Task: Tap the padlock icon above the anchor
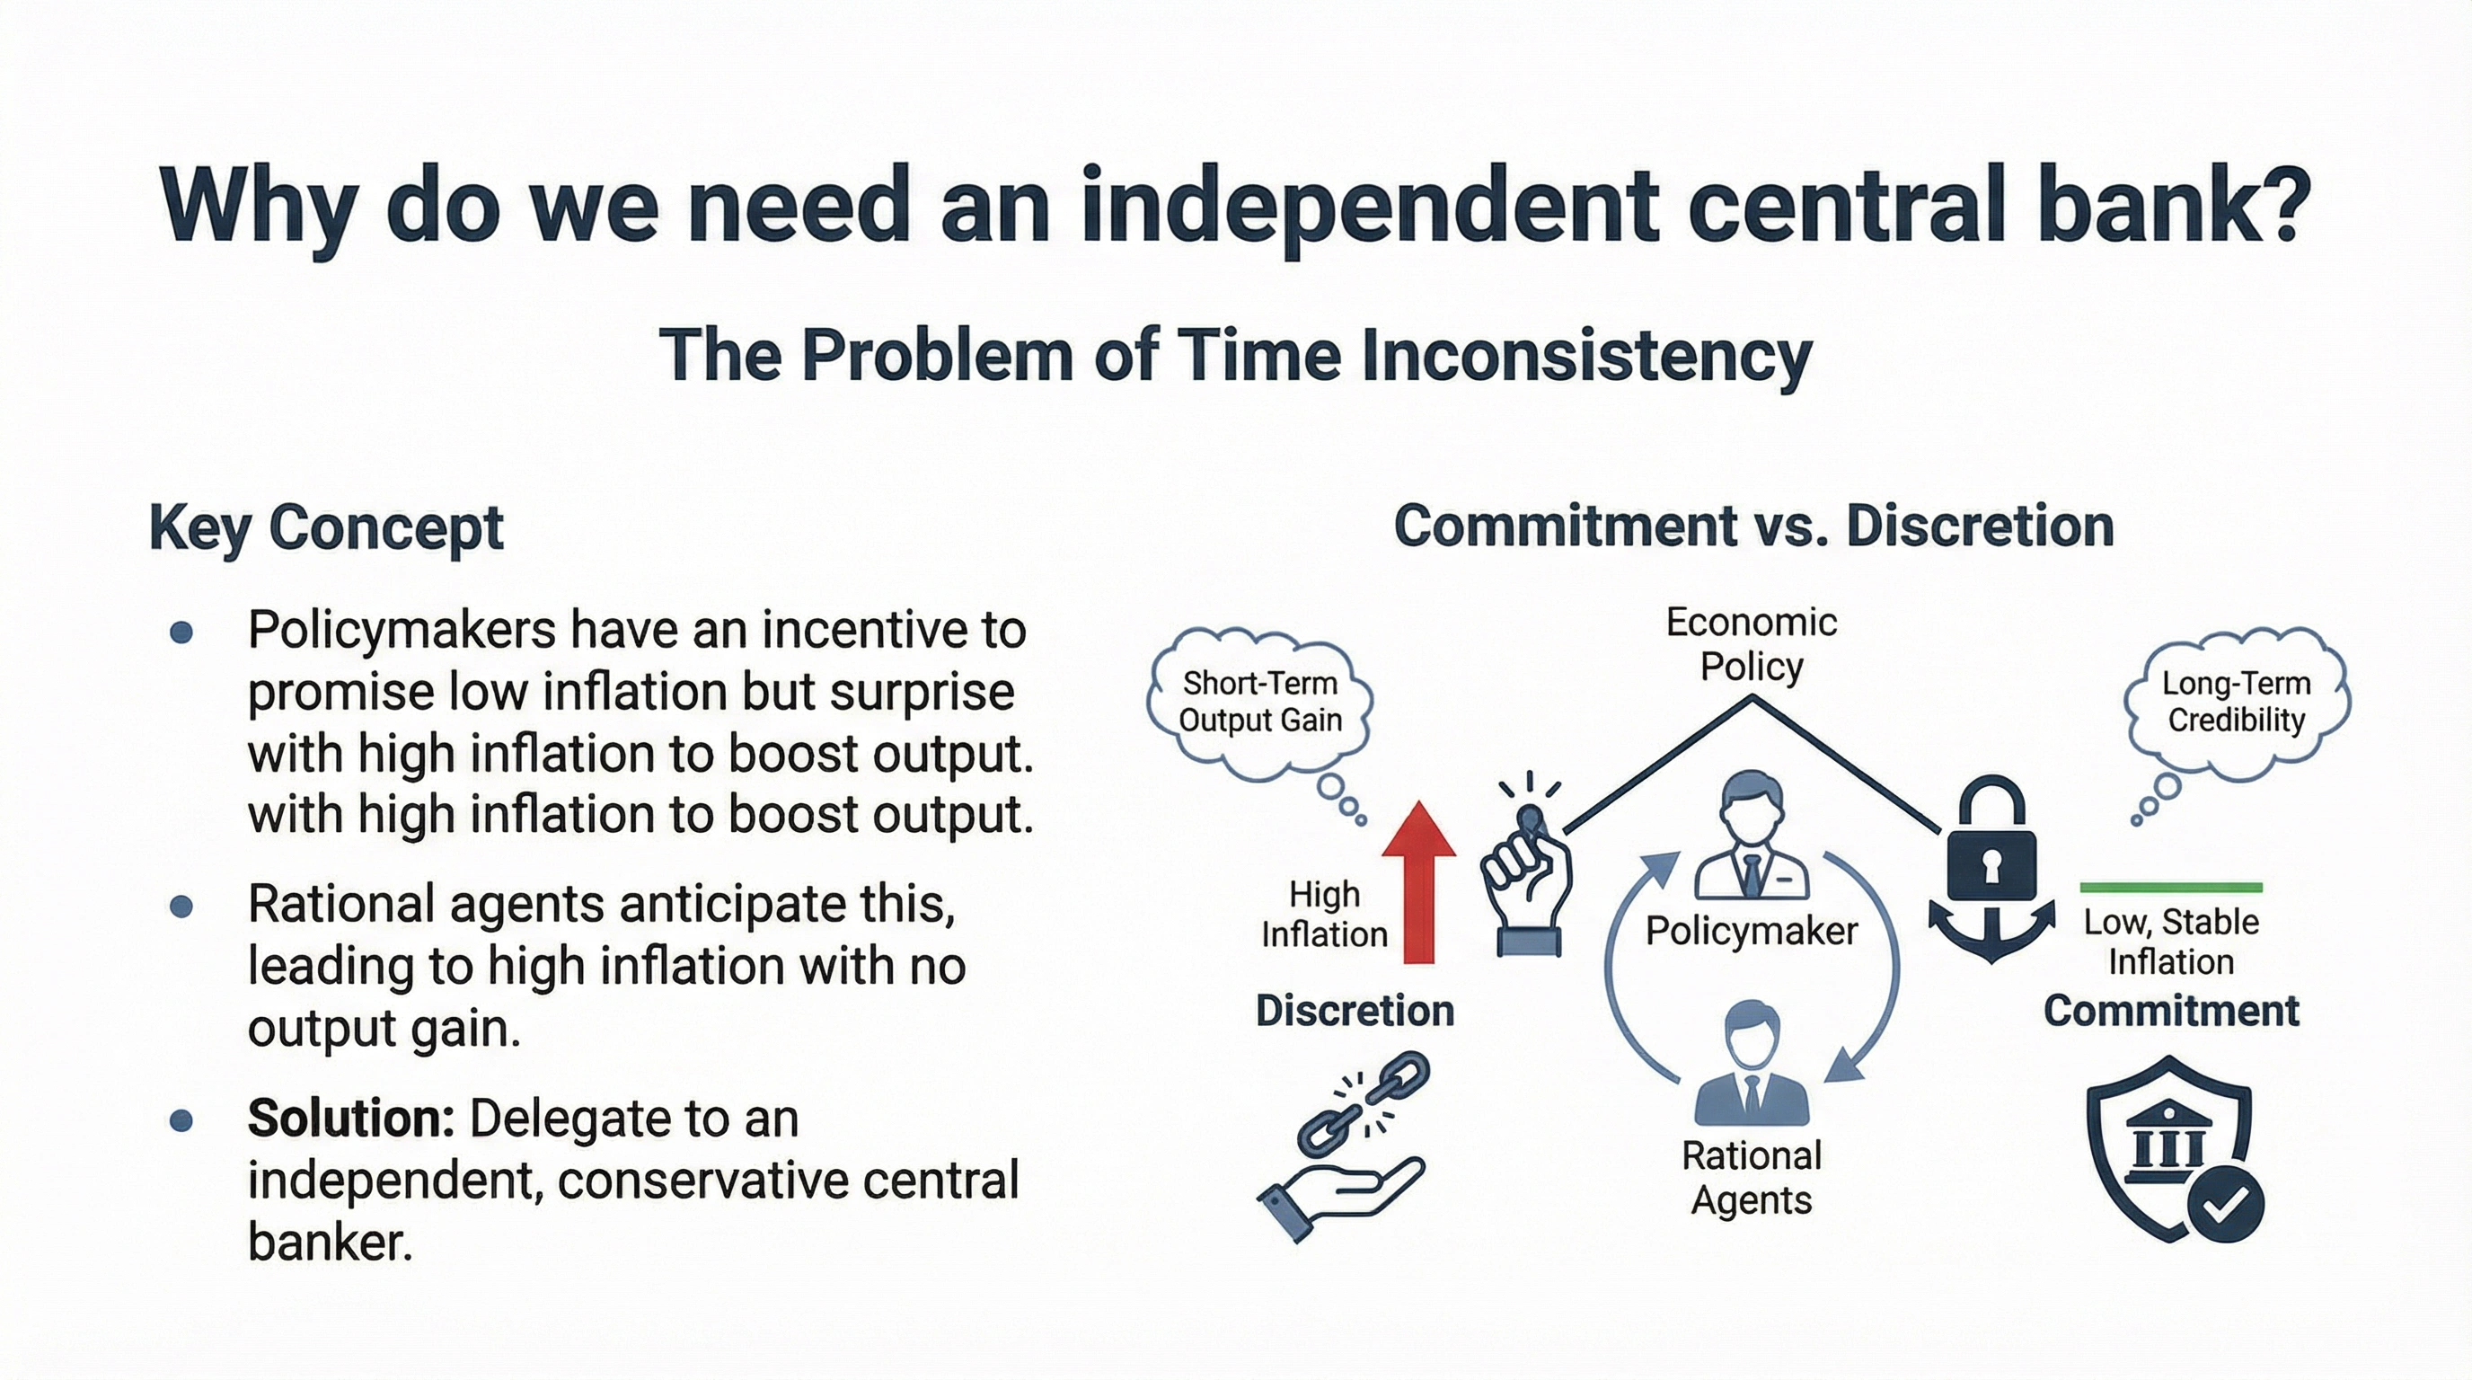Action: pos(1991,839)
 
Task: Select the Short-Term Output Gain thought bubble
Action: pos(1259,703)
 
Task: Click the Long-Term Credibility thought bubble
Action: pos(2236,702)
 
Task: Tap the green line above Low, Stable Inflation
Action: pos(2171,887)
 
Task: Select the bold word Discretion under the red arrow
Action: pos(1354,1011)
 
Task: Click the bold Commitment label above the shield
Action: pos(2171,1011)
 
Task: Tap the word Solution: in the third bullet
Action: pos(350,1118)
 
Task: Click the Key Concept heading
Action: pos(326,526)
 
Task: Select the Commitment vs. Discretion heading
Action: pos(1753,526)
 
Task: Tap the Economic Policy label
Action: pos(1752,644)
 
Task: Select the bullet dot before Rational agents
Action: pos(181,906)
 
